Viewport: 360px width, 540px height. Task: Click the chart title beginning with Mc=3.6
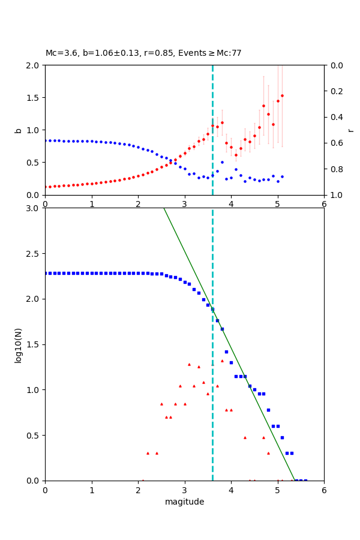(143, 53)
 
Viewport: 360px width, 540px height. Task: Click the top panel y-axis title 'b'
(19, 130)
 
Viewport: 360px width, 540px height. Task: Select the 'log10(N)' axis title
(19, 344)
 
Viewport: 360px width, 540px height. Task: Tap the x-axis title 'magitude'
(184, 502)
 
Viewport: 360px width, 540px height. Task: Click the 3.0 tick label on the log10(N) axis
(33, 208)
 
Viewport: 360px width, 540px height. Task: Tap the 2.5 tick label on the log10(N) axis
(33, 254)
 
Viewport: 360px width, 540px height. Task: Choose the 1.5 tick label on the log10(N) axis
(33, 344)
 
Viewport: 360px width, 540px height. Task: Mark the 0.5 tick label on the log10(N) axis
(33, 436)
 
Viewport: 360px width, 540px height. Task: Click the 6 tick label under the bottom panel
(324, 490)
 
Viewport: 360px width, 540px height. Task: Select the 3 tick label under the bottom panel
(184, 490)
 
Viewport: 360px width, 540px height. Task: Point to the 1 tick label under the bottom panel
(91, 490)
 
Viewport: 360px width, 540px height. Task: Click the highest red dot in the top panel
(282, 95)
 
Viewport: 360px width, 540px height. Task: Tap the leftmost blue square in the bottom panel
(46, 273)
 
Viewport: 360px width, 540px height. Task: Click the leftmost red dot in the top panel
(46, 187)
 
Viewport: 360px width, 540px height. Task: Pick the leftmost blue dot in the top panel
(46, 140)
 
